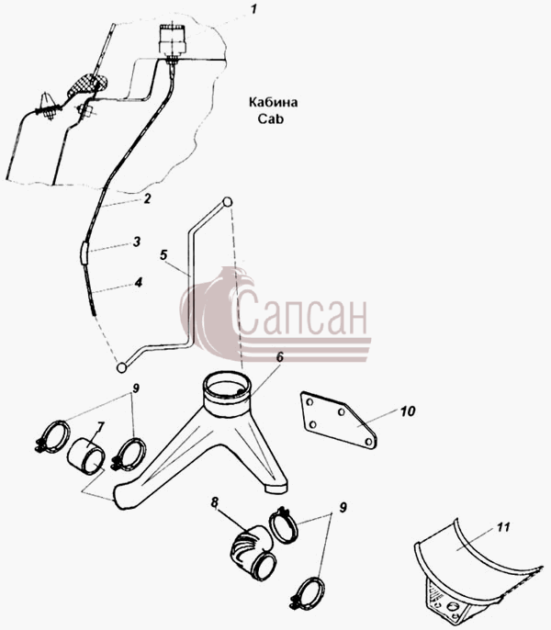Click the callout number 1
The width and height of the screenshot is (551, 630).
click(x=253, y=9)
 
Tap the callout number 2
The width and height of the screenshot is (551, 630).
click(x=147, y=198)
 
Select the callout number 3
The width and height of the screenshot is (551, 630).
click(x=137, y=242)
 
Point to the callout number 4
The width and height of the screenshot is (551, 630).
click(x=139, y=283)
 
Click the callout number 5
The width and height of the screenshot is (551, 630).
click(x=163, y=255)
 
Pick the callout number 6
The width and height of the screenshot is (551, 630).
click(x=279, y=356)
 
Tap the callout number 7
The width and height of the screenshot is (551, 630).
click(x=100, y=427)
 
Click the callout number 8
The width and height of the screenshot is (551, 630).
click(x=215, y=502)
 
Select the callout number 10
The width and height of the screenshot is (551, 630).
click(x=408, y=411)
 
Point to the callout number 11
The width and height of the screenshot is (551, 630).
click(x=502, y=527)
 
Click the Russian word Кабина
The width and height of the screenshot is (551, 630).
click(x=274, y=103)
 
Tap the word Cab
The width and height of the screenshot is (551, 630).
click(x=271, y=119)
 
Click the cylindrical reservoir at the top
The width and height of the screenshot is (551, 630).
click(x=173, y=39)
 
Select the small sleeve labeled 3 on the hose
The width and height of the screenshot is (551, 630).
click(x=84, y=253)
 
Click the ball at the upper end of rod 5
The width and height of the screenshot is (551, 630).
click(x=227, y=202)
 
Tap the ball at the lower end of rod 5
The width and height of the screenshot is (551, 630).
click(x=121, y=367)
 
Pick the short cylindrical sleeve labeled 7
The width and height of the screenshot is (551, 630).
click(x=86, y=456)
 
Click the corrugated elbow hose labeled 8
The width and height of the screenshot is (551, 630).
click(x=253, y=553)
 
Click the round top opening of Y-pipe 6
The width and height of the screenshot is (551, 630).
click(x=227, y=385)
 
